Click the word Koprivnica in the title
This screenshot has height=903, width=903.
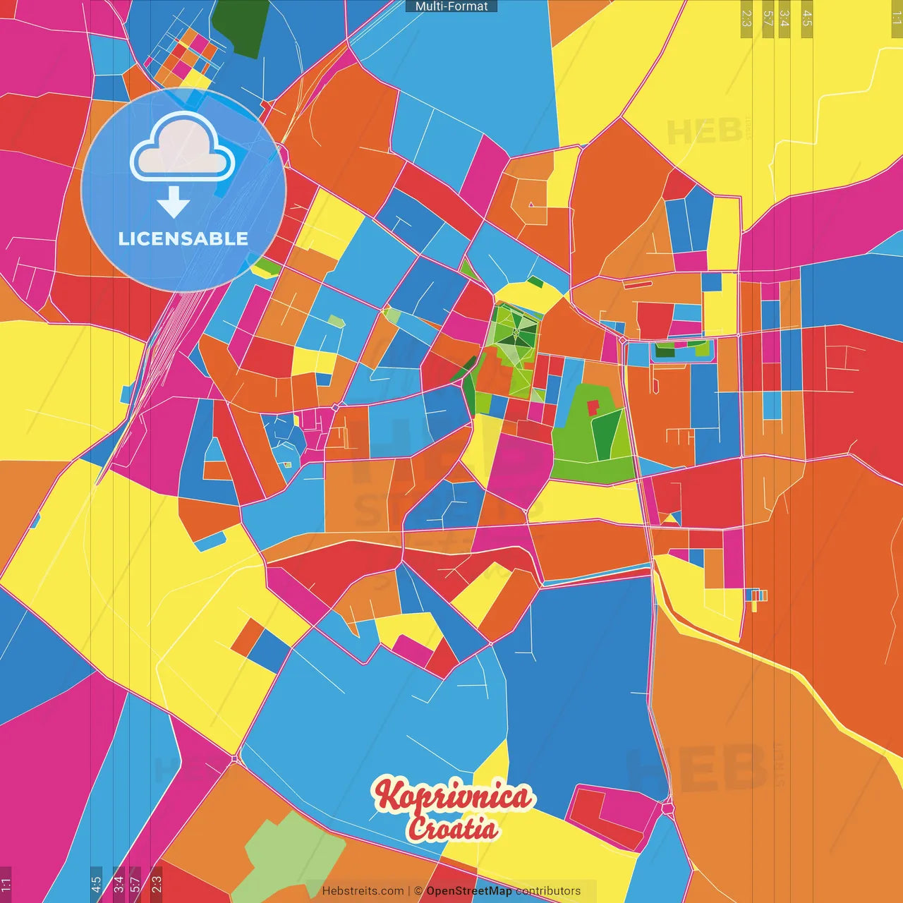tap(452, 796)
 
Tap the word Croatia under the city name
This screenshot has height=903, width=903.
tap(453, 828)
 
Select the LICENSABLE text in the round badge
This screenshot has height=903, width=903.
tap(183, 239)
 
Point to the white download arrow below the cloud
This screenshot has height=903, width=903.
tap(174, 202)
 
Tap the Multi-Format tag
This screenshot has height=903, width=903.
tap(451, 6)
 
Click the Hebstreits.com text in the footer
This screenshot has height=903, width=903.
tap(363, 891)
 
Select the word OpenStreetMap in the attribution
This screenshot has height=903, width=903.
tap(469, 891)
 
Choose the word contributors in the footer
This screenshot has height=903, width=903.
tap(548, 891)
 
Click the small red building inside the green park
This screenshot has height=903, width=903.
tap(593, 407)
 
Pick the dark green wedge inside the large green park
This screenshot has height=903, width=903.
tap(605, 434)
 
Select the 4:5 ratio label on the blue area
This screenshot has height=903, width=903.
tap(96, 885)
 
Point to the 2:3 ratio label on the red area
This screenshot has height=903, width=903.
tap(157, 885)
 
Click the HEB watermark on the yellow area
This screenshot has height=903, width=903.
tap(705, 131)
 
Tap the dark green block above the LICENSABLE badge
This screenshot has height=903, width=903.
tap(241, 27)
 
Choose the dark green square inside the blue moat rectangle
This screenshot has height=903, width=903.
tap(665, 350)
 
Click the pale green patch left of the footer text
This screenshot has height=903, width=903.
tap(281, 854)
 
